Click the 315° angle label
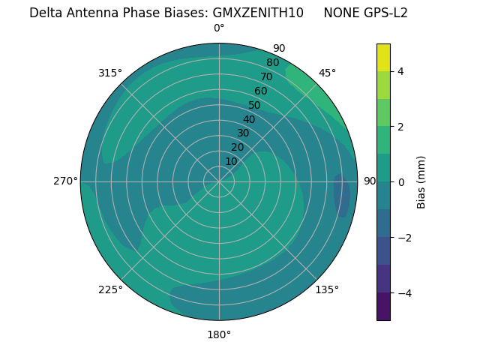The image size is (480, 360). (110, 73)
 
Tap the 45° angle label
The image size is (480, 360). (327, 73)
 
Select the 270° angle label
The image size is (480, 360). (66, 181)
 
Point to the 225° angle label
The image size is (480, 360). (110, 289)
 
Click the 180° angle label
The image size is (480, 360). (219, 334)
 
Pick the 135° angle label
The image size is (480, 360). (327, 289)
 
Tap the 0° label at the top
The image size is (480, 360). (219, 28)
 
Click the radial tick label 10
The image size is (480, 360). (231, 161)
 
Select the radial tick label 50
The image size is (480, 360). (254, 105)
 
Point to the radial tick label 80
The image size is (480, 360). (272, 63)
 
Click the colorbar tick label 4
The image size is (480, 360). (401, 71)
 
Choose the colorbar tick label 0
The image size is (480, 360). (401, 182)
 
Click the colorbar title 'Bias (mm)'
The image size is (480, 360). (421, 182)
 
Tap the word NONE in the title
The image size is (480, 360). (340, 13)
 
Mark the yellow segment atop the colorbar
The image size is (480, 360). (383, 58)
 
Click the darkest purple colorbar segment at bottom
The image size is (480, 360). (383, 306)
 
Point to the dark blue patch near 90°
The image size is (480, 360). (342, 195)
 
